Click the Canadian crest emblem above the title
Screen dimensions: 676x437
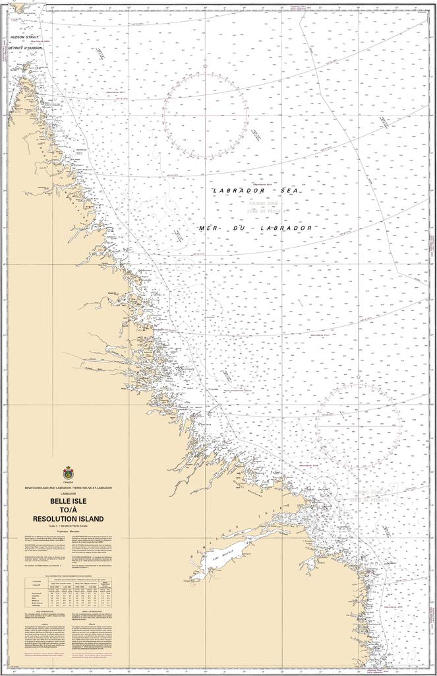pos(69,473)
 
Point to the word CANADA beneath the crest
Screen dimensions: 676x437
pos(69,483)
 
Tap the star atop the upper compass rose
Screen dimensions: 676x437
pos(205,67)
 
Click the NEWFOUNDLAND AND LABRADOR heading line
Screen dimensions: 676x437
pos(69,488)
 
